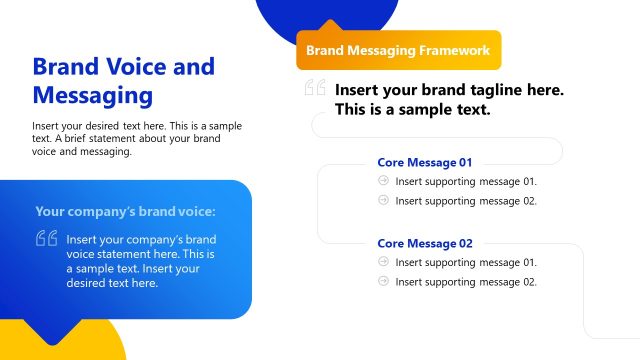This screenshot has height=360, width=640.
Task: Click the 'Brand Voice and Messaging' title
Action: click(x=123, y=81)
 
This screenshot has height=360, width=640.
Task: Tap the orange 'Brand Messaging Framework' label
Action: click(x=398, y=49)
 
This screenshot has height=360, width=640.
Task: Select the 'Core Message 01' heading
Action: click(x=424, y=162)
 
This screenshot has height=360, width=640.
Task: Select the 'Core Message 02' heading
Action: click(x=424, y=243)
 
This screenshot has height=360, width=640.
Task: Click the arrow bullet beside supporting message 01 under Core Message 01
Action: click(x=384, y=181)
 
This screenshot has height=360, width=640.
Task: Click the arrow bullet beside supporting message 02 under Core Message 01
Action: click(x=384, y=200)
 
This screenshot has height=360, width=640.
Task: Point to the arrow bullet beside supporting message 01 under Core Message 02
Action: click(x=384, y=262)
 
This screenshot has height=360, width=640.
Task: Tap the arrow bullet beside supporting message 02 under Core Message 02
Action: click(x=384, y=281)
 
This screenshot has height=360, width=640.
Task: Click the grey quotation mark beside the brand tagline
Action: click(x=315, y=89)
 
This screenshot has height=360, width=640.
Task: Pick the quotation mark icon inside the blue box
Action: click(x=46, y=239)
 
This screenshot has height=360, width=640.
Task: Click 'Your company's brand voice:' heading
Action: click(x=125, y=211)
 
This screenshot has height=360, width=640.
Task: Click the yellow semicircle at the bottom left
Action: click(x=100, y=345)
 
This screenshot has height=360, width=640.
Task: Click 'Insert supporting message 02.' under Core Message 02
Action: click(x=466, y=282)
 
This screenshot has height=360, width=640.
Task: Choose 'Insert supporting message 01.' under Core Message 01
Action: click(x=466, y=181)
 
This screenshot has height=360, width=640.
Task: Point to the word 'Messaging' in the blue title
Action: click(x=92, y=96)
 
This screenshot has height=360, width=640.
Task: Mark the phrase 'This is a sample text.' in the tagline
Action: click(x=413, y=109)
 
